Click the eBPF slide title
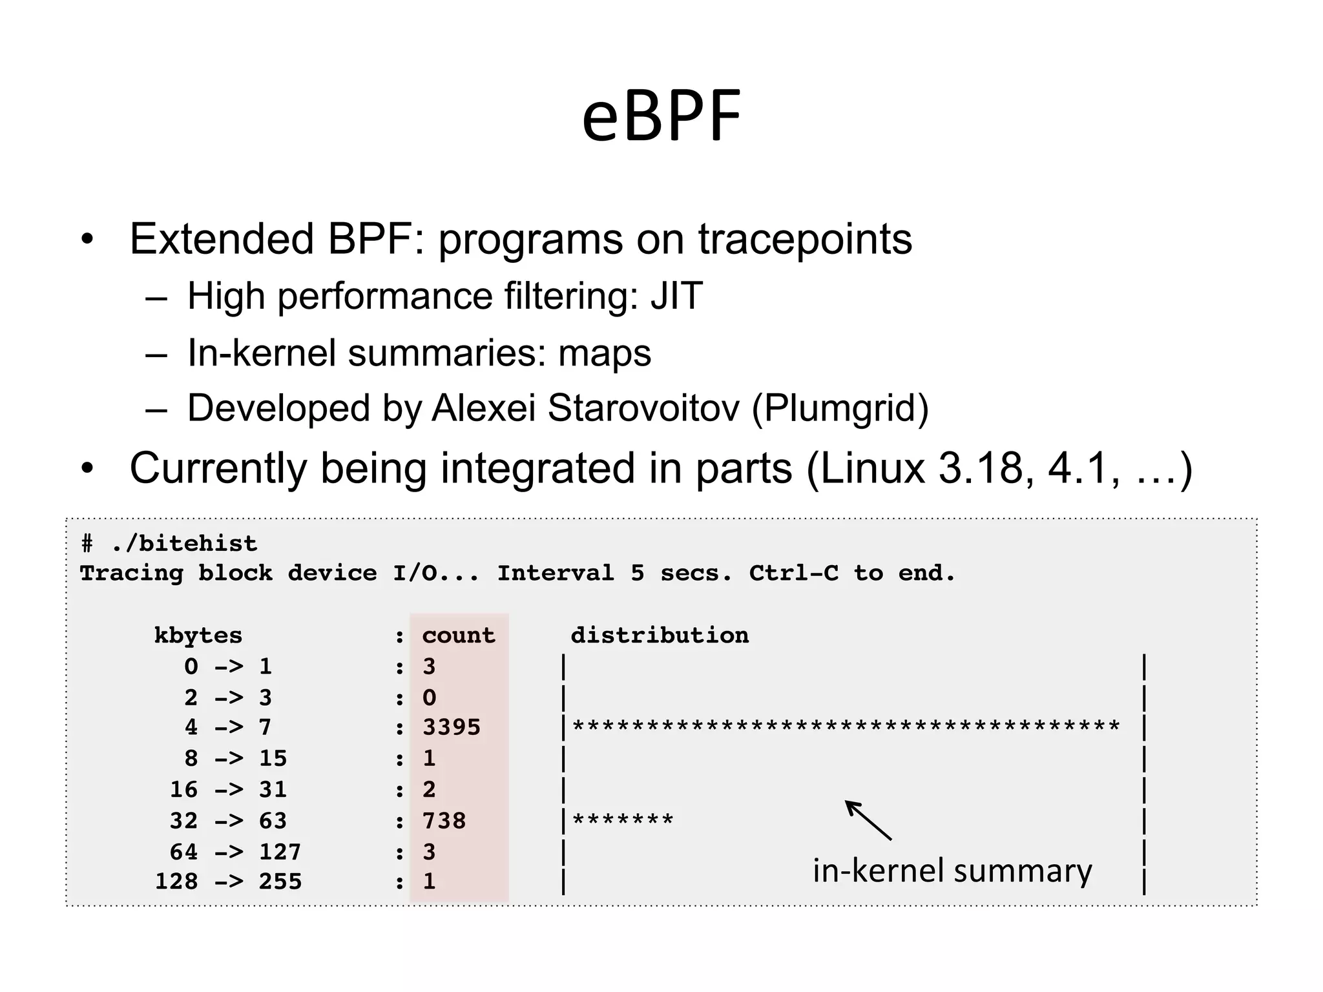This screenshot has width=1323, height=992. click(661, 117)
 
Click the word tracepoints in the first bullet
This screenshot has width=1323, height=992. click(805, 239)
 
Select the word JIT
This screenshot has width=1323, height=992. click(676, 296)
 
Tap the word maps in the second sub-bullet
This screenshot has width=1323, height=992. click(605, 353)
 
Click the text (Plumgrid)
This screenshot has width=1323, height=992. click(840, 408)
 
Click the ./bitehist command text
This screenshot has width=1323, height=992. click(184, 544)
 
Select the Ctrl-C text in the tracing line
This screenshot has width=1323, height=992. click(793, 573)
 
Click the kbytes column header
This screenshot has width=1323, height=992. click(198, 635)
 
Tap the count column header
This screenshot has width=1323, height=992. click(459, 635)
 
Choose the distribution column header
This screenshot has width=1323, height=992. click(660, 635)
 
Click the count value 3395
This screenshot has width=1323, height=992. click(452, 727)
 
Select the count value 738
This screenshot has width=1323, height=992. click(444, 821)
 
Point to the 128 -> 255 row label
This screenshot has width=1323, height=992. click(228, 882)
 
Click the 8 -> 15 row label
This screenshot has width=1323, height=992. click(235, 758)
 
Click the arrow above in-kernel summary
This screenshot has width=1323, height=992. click(868, 820)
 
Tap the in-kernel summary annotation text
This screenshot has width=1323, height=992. click(952, 871)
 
